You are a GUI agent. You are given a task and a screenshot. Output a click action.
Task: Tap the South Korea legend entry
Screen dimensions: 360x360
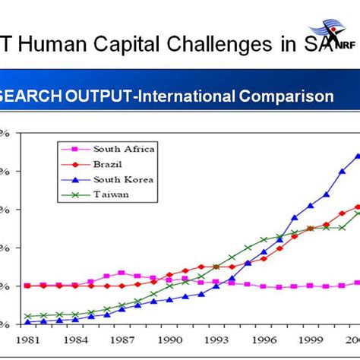[x=122, y=179]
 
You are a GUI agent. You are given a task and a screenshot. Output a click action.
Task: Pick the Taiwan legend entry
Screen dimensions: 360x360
[x=111, y=194]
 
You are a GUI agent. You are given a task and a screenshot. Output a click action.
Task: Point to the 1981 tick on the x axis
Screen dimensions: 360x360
[x=27, y=339]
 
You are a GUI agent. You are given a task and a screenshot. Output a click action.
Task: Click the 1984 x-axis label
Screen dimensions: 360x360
[x=74, y=339]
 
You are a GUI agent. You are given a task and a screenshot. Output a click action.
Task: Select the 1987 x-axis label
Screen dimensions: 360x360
[x=122, y=339]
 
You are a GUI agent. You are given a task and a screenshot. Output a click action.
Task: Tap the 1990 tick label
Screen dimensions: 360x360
[x=169, y=339]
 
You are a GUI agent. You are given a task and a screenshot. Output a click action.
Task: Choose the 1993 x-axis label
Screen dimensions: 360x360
[x=216, y=339]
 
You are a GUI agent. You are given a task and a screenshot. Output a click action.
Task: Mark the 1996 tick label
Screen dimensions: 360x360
[x=263, y=339]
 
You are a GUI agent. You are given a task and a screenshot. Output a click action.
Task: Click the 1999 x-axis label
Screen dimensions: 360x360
[x=310, y=339]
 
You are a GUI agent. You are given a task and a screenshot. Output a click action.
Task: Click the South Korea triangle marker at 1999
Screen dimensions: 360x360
[x=310, y=206]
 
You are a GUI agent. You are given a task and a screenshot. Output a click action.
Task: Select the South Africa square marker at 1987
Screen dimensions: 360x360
[x=122, y=273]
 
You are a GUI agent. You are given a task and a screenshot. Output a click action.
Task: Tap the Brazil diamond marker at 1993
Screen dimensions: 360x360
[x=216, y=267]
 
